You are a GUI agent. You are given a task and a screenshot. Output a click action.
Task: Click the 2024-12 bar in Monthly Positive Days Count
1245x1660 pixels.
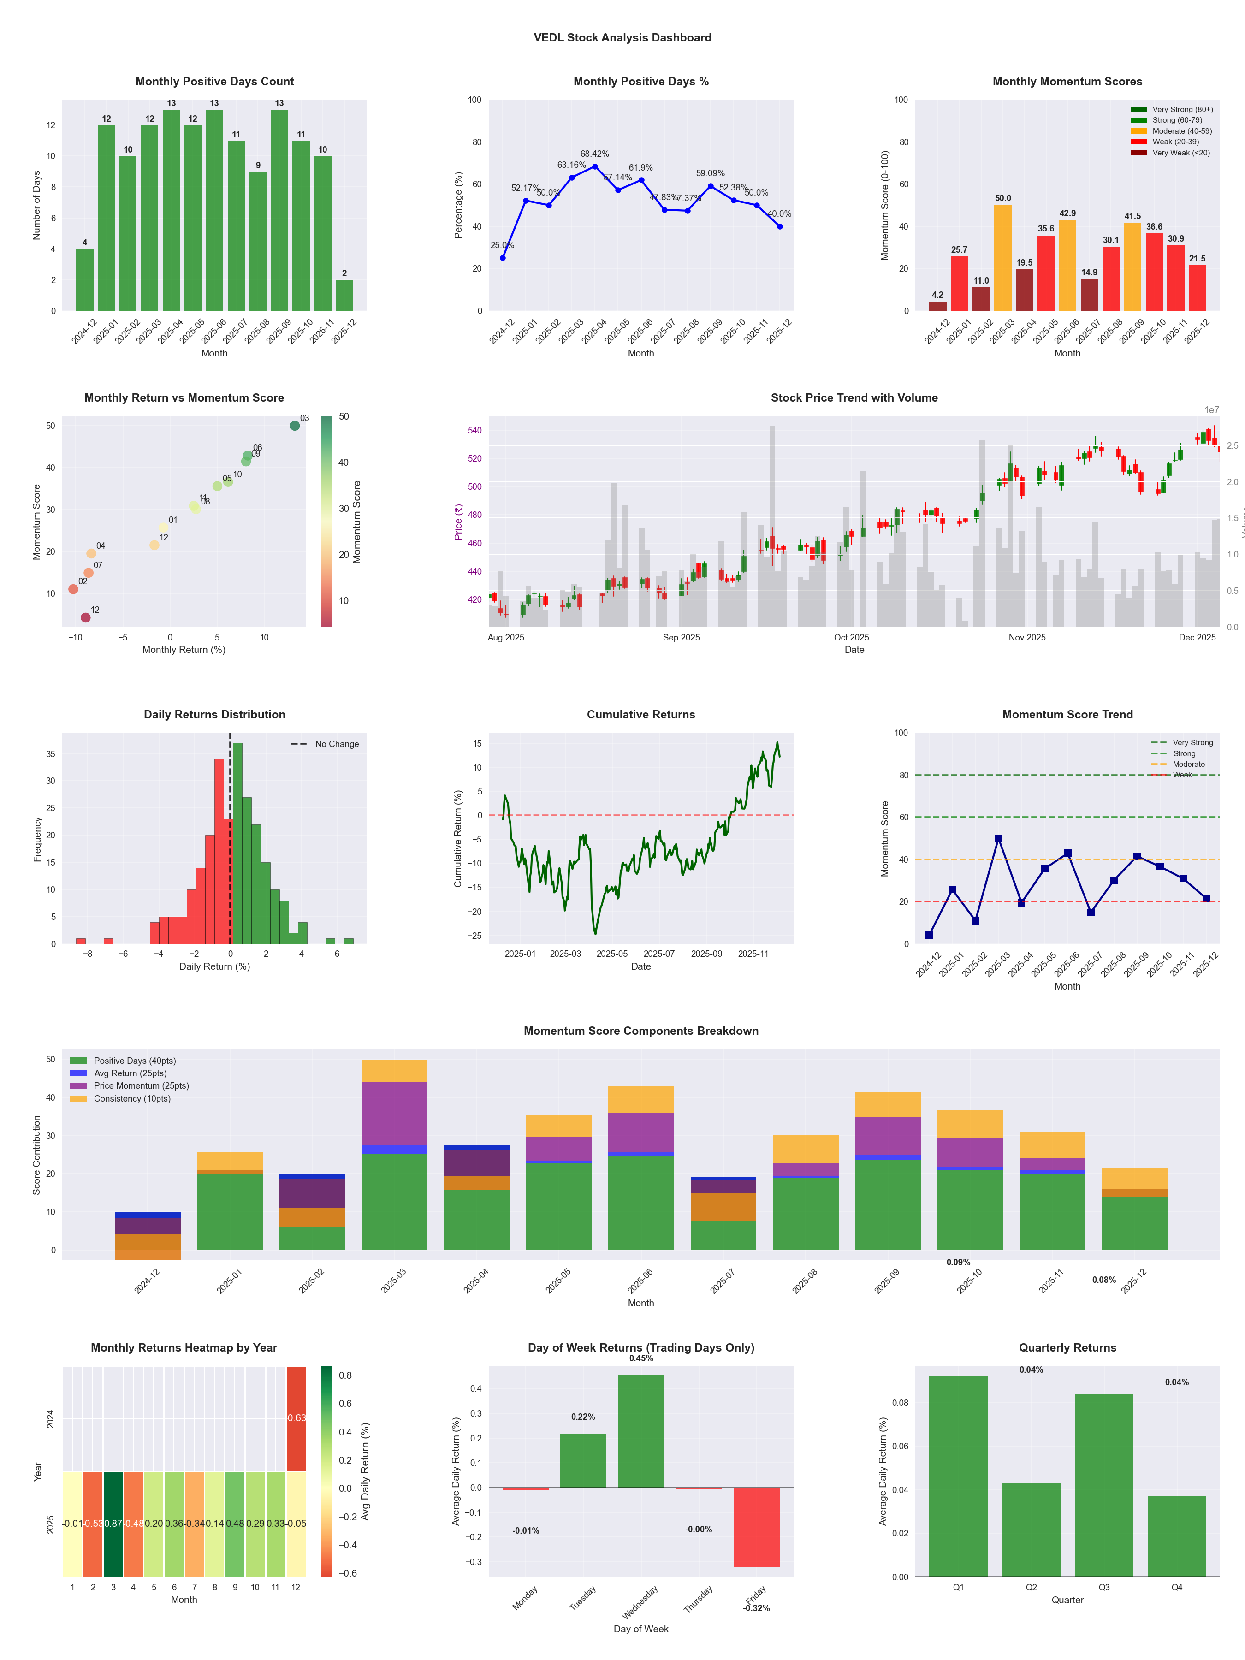pyautogui.click(x=85, y=280)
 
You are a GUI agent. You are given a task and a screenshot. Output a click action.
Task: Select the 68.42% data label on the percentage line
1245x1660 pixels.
pyautogui.click(x=594, y=154)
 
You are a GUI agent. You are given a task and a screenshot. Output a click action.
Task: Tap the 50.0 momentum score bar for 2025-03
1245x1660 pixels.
pyautogui.click(x=1002, y=257)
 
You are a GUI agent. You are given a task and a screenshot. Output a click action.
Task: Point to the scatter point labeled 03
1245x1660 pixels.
pyautogui.click(x=295, y=426)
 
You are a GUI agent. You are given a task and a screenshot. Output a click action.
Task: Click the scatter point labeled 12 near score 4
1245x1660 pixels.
pyautogui.click(x=86, y=617)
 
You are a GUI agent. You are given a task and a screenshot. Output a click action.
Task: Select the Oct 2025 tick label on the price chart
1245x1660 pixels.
pyautogui.click(x=851, y=638)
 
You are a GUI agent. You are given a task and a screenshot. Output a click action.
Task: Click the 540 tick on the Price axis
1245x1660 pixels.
pyautogui.click(x=474, y=431)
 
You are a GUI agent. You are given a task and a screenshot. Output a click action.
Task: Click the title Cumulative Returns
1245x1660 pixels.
pyautogui.click(x=641, y=714)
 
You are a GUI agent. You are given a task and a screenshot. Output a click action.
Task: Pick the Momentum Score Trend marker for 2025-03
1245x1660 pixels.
pyautogui.click(x=998, y=838)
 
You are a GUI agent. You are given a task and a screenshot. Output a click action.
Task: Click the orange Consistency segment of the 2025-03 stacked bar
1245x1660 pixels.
pyautogui.click(x=394, y=1071)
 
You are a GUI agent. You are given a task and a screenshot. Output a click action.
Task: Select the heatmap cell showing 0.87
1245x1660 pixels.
pyautogui.click(x=113, y=1524)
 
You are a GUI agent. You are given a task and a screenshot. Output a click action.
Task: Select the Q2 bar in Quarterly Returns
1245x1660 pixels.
pyautogui.click(x=1031, y=1530)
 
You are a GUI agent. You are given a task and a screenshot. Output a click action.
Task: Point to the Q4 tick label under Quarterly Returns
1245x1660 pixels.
pyautogui.click(x=1177, y=1587)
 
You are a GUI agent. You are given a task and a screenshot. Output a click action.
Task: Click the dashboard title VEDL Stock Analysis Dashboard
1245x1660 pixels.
pyautogui.click(x=622, y=37)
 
